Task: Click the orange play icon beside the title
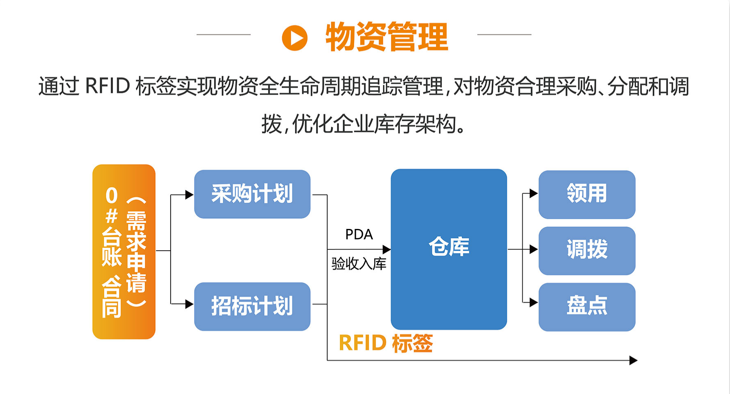(x=294, y=38)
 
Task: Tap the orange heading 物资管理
(x=386, y=37)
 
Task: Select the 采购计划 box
(x=252, y=194)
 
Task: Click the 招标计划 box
(x=252, y=306)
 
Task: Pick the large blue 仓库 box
(x=449, y=249)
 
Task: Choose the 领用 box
(x=586, y=194)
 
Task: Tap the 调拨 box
(x=586, y=250)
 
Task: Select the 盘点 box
(x=586, y=307)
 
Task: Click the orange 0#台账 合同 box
(x=124, y=251)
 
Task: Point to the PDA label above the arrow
(x=359, y=235)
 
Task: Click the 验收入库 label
(x=359, y=264)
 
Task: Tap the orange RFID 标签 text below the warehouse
(x=386, y=343)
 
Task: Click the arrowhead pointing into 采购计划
(x=189, y=195)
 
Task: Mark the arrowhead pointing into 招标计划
(x=189, y=304)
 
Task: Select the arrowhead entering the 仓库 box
(x=386, y=249)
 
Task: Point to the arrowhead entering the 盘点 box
(x=534, y=303)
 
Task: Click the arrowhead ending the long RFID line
(x=633, y=360)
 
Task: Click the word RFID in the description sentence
(x=107, y=86)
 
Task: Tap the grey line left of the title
(x=223, y=35)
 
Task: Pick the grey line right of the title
(x=504, y=35)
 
